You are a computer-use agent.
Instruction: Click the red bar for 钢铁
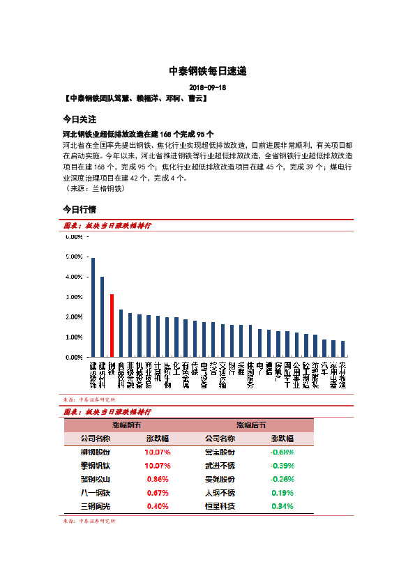coord(112,326)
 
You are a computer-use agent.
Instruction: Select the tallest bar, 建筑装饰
coord(93,307)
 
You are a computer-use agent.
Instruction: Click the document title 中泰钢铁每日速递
coord(207,71)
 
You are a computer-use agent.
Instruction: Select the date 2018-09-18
coord(207,88)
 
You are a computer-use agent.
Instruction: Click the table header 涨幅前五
coord(126,425)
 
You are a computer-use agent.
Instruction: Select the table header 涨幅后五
coord(250,425)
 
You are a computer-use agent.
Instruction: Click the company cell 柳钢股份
coord(95,452)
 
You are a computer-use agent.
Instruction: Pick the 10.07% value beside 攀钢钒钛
coord(158,465)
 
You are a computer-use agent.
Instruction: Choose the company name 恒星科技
coord(220,506)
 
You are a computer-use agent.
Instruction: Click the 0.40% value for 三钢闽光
coord(158,506)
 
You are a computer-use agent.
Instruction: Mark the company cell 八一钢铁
coord(95,493)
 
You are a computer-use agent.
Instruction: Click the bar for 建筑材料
coord(103,317)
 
